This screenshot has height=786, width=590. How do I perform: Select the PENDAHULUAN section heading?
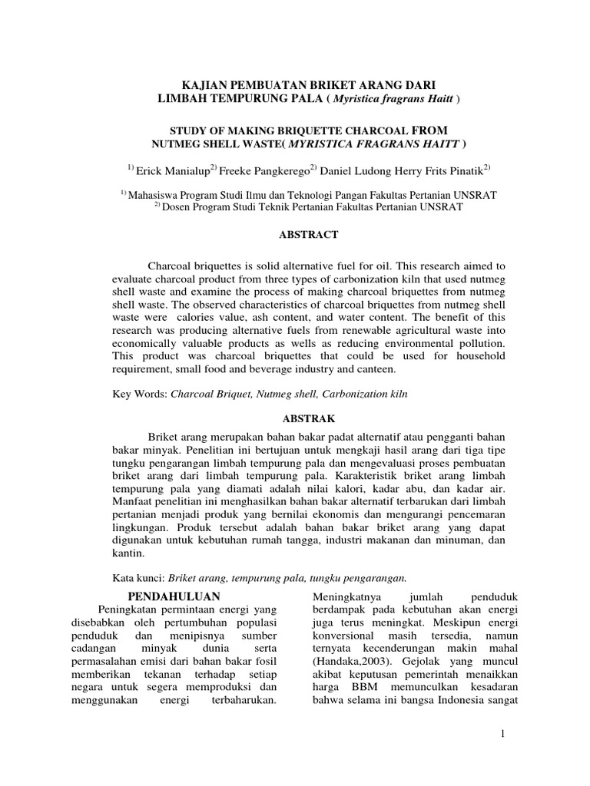pos(174,596)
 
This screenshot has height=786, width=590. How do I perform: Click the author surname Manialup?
pos(182,169)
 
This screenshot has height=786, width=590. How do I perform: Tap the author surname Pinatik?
pos(458,169)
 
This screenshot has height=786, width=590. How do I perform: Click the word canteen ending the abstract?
pos(376,369)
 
